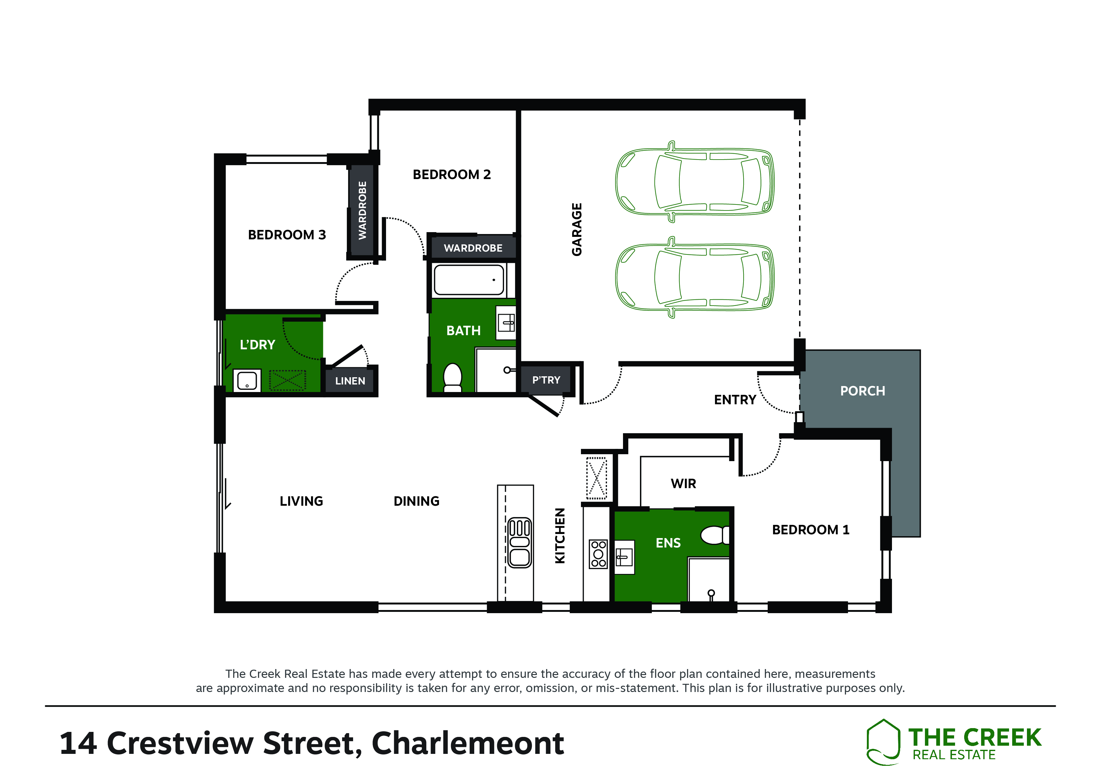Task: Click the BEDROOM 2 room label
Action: click(452, 174)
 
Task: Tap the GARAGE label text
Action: click(577, 229)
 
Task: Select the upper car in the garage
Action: click(694, 182)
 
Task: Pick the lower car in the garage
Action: click(694, 277)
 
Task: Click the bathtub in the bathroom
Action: click(469, 280)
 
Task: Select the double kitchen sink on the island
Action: click(519, 542)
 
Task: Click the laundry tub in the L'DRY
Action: click(247, 381)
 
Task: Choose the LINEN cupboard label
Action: click(350, 381)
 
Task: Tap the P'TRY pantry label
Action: click(546, 380)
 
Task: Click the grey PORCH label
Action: click(862, 391)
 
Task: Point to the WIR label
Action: click(683, 483)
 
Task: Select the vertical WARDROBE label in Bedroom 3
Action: click(363, 210)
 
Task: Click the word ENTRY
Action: click(735, 400)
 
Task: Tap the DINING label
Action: click(416, 501)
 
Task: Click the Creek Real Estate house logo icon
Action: click(883, 742)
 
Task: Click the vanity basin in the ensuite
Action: click(624, 557)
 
